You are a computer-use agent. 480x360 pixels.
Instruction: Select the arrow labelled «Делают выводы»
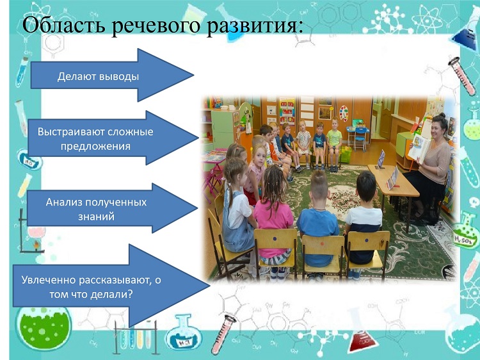112,75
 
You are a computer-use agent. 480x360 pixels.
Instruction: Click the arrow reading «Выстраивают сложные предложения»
113,138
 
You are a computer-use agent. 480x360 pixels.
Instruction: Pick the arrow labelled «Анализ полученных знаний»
112,208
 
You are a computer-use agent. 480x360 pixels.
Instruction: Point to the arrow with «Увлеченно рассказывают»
111,286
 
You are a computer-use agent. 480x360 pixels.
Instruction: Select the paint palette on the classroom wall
344,113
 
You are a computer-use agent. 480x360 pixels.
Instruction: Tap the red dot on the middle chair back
322,244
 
